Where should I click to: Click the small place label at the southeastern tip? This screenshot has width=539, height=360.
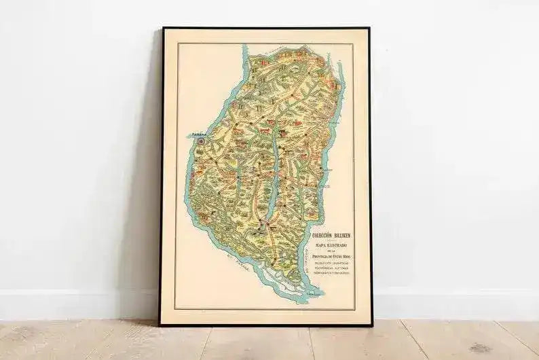pos(313,293)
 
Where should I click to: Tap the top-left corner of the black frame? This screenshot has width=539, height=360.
pos(163,29)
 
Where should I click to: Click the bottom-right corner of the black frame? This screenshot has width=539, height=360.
pos(371,325)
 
